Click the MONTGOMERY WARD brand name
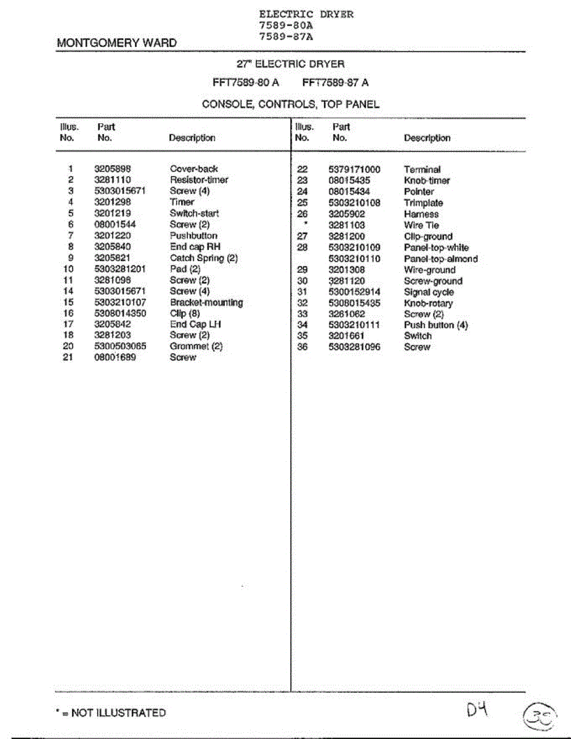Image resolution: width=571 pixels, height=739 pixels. [x=116, y=43]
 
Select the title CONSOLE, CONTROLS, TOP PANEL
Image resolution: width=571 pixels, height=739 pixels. [x=290, y=104]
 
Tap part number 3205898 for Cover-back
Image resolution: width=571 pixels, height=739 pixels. [x=113, y=169]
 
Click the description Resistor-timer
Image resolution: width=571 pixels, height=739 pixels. [x=199, y=180]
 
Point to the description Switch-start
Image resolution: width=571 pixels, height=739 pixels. [x=194, y=213]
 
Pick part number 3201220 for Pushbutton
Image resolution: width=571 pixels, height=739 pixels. [x=113, y=236]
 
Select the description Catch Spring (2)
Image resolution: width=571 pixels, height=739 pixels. [x=203, y=258]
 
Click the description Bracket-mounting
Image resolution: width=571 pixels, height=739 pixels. [x=206, y=302]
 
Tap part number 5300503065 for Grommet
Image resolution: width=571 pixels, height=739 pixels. [x=120, y=346]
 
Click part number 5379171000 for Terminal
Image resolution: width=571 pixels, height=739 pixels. [x=354, y=169]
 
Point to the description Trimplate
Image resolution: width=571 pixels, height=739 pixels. [x=423, y=203]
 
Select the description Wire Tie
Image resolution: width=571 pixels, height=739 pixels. [x=421, y=225]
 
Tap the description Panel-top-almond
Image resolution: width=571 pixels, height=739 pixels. [x=440, y=259]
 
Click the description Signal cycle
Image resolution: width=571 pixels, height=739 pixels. [x=429, y=292]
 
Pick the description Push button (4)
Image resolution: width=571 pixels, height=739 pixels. [x=435, y=325]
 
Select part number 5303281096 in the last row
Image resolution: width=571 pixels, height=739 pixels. [x=354, y=347]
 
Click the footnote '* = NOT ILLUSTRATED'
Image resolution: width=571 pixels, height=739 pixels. [x=111, y=713]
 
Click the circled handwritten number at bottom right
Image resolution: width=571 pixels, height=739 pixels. [x=540, y=717]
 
